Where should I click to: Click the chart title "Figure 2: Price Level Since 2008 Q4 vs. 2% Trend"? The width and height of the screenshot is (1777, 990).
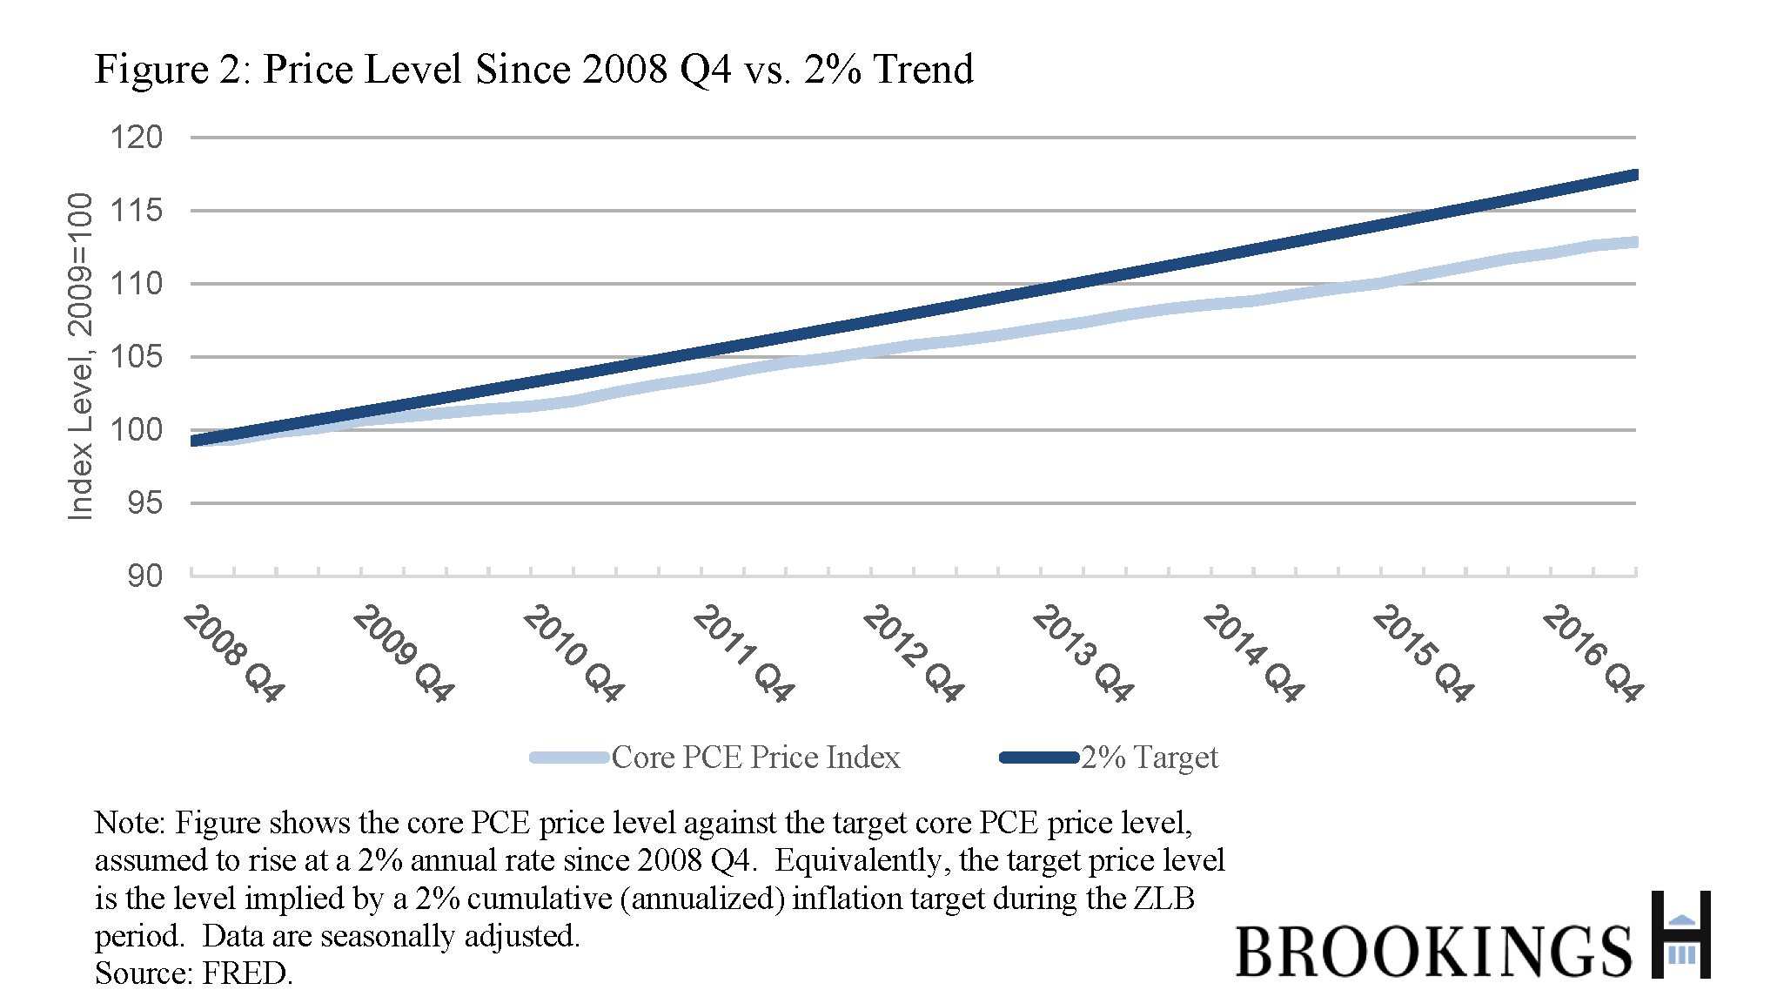coord(533,70)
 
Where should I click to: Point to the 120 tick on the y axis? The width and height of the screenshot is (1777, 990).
coord(136,138)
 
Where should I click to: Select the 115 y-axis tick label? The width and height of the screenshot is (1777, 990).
coord(136,211)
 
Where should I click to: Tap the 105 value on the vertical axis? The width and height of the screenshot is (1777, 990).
coord(136,357)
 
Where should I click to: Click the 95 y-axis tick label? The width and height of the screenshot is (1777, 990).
coord(144,503)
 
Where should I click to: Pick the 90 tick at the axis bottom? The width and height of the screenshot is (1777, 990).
coord(144,576)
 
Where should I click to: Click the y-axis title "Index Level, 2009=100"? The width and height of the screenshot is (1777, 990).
coord(80,356)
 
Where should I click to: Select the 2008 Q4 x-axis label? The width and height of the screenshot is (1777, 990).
coord(233,653)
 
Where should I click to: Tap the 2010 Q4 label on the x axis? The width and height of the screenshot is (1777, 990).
coord(573,653)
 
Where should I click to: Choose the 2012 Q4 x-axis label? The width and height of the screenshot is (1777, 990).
coord(913,653)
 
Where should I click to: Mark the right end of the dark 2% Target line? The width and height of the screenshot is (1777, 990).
coord(1635,176)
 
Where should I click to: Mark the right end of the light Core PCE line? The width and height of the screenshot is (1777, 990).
coord(1635,242)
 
